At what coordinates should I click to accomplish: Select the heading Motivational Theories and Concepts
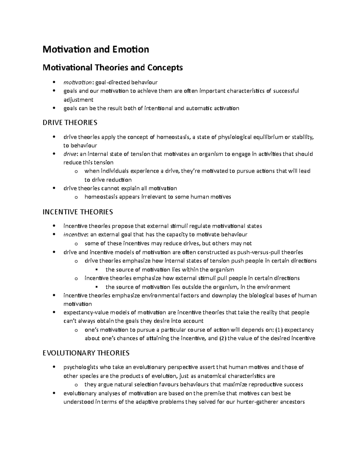click(112, 68)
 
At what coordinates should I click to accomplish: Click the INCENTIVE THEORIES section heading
click(78, 212)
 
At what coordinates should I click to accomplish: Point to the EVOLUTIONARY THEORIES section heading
click(86, 353)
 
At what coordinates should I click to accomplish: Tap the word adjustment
click(78, 100)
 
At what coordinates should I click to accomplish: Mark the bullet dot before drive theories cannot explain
click(54, 188)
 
